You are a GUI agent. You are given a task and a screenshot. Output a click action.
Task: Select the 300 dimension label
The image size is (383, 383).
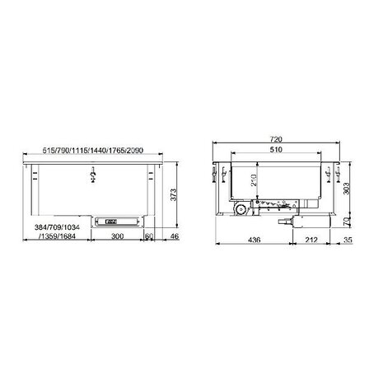[119, 236]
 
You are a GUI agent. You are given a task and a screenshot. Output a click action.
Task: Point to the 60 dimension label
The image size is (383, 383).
[149, 236]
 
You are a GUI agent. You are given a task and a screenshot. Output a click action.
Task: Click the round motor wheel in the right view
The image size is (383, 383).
[240, 212]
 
